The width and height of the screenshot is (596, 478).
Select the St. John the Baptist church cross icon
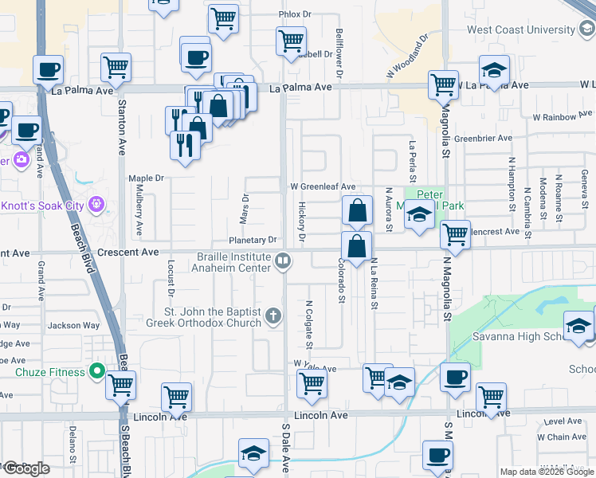pyautogui.click(x=273, y=316)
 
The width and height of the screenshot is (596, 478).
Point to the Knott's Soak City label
pyautogui.click(x=41, y=206)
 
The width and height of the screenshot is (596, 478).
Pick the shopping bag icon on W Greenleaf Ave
pyautogui.click(x=358, y=211)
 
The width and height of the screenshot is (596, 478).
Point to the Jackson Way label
pyautogui.click(x=74, y=325)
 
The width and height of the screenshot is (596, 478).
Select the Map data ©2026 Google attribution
pyautogui.click(x=546, y=472)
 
